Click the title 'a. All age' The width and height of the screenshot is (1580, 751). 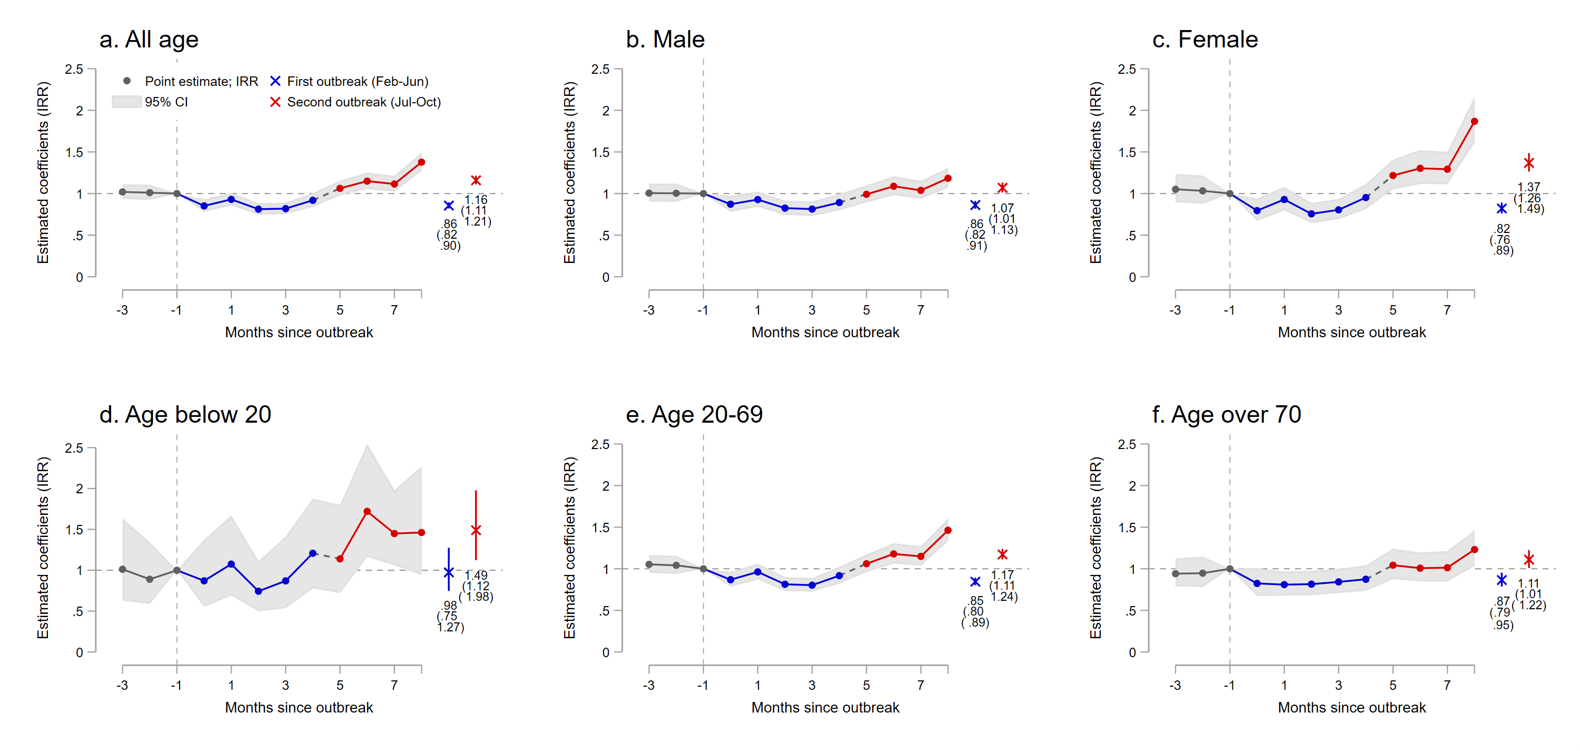[149, 40]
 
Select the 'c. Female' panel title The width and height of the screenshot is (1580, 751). [1204, 40]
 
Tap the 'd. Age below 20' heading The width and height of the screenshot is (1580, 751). [185, 415]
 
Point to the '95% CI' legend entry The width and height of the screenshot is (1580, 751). [165, 102]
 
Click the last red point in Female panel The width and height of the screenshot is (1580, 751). [1474, 122]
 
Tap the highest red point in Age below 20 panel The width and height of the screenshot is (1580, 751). [367, 511]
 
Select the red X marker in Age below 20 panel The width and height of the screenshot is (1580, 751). [476, 530]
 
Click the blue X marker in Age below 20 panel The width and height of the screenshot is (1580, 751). [449, 572]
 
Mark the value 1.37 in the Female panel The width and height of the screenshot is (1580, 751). [1528, 187]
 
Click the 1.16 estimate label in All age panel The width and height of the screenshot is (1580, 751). [476, 200]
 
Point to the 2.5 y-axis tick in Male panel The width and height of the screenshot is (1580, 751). [600, 70]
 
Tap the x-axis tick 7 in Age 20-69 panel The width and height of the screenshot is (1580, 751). [920, 685]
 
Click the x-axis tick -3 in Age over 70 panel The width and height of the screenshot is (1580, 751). [1174, 685]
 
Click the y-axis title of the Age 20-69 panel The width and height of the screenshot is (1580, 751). [570, 547]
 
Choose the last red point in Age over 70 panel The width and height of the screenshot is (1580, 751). [1474, 550]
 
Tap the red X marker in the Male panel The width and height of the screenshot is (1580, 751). [1002, 188]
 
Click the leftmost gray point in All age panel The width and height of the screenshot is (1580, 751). [123, 192]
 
